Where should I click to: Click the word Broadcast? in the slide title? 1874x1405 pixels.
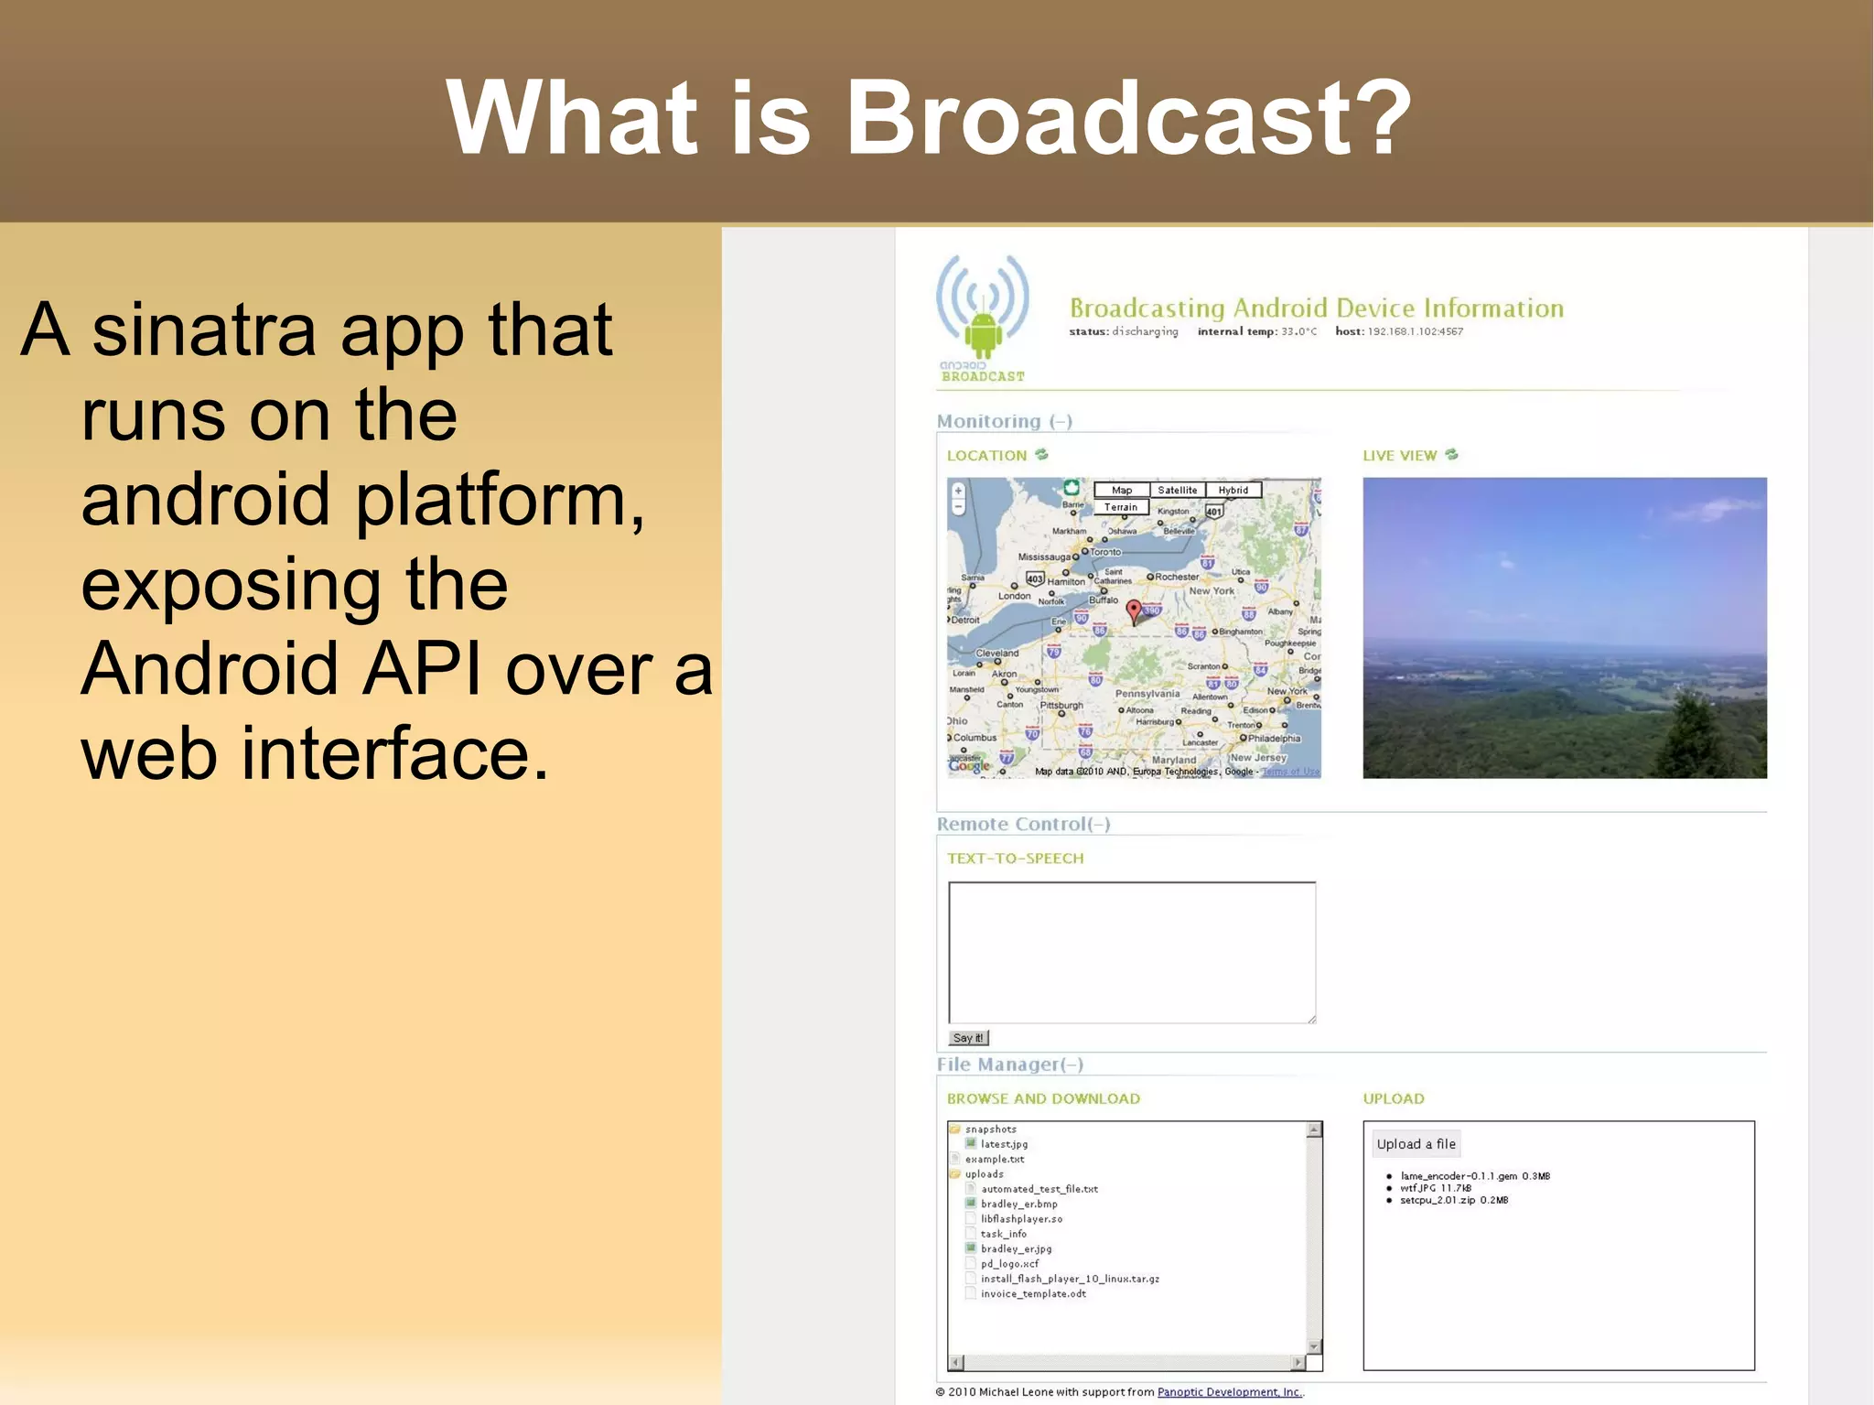click(x=1129, y=117)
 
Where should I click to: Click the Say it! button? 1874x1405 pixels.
click(x=968, y=1038)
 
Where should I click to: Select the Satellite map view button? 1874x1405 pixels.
click(x=1177, y=491)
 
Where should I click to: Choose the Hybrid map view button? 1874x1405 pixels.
click(x=1233, y=491)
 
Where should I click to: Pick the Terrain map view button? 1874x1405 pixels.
click(x=1120, y=507)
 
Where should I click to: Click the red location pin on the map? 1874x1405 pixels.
click(x=1134, y=610)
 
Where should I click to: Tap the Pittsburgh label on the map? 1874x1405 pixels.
click(x=1061, y=706)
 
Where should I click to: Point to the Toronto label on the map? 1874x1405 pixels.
click(x=1104, y=552)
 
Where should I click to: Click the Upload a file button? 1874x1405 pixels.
click(x=1416, y=1144)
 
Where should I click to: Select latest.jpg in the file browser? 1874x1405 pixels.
click(x=1004, y=1144)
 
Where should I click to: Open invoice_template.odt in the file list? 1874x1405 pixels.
click(x=1033, y=1293)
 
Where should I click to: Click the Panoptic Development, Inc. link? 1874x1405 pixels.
click(x=1229, y=1392)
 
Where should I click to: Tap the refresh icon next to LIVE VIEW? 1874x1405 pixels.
click(x=1451, y=455)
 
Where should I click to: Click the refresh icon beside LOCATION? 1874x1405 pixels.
click(x=1041, y=455)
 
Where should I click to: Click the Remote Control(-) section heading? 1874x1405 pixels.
click(x=1023, y=824)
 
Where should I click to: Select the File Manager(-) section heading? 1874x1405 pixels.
click(x=1009, y=1065)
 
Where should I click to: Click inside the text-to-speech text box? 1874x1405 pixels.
click(x=1132, y=952)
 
